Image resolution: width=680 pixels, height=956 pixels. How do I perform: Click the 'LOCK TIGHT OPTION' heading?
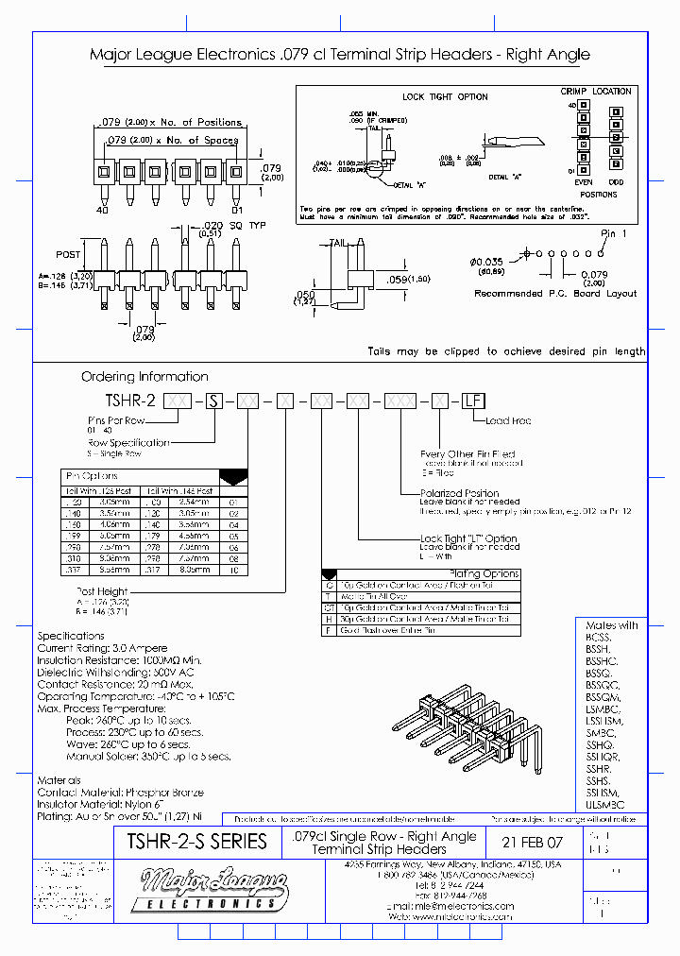coord(445,96)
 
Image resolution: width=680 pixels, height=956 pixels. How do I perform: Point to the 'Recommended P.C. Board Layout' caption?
coord(554,294)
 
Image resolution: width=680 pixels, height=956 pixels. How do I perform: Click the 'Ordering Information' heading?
coord(144,376)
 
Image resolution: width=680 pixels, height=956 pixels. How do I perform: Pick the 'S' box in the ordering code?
coord(215,401)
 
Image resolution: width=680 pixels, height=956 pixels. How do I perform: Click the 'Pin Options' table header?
coord(92,476)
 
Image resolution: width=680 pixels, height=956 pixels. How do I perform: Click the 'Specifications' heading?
coord(70,636)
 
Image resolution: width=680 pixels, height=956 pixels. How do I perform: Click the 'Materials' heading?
coord(59,780)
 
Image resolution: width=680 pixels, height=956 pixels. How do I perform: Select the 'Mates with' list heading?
coord(611,625)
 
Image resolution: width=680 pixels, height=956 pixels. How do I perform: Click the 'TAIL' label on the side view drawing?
coord(337,243)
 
